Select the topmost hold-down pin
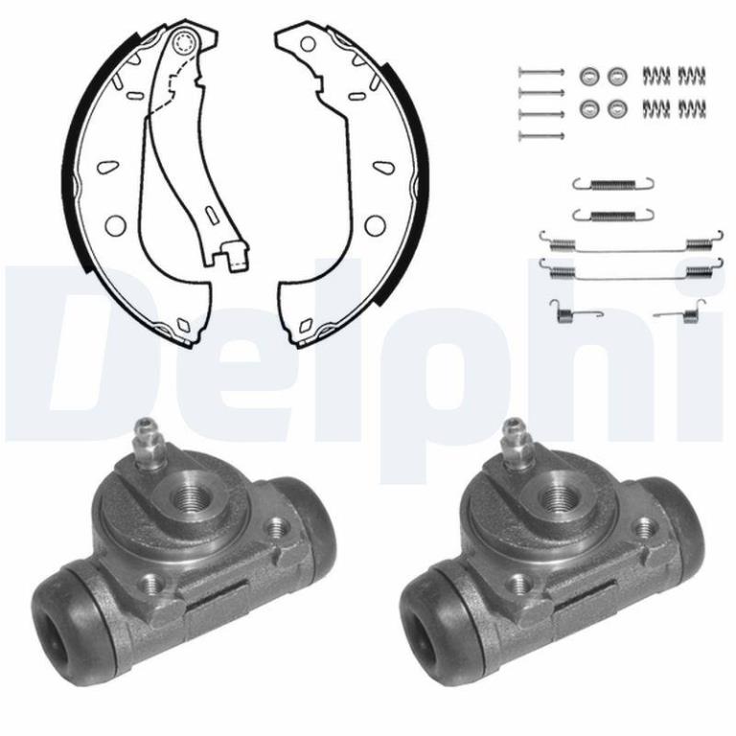540,72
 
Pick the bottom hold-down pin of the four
540,136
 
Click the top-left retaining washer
589,76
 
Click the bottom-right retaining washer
617,109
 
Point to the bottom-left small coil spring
655,108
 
